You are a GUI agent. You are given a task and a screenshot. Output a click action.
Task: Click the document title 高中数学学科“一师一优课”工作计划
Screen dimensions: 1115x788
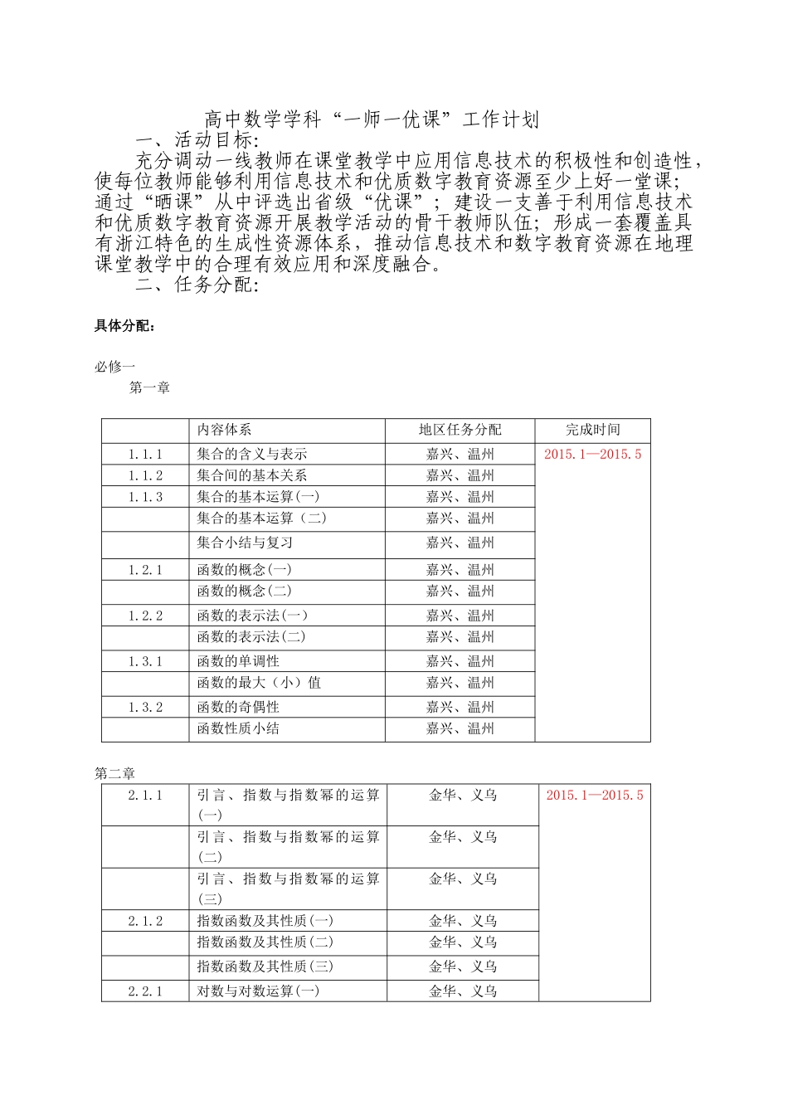(x=372, y=120)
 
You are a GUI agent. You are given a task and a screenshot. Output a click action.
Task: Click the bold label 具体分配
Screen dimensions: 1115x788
(x=124, y=326)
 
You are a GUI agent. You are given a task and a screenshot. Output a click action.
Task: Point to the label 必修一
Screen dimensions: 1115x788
(x=114, y=366)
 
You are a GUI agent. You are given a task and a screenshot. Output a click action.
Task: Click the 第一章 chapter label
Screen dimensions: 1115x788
(x=149, y=387)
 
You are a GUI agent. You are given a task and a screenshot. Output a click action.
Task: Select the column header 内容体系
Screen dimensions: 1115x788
(x=224, y=430)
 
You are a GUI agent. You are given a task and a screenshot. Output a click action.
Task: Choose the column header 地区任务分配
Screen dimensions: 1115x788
(x=460, y=430)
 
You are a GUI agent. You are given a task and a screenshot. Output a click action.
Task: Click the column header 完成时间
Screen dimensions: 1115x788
(x=592, y=430)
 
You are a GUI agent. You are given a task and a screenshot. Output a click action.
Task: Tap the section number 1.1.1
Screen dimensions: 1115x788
(x=145, y=454)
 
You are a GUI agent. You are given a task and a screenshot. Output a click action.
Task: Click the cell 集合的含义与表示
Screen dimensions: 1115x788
(x=252, y=454)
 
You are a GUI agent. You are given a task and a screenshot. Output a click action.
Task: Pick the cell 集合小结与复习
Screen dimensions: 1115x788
(x=245, y=543)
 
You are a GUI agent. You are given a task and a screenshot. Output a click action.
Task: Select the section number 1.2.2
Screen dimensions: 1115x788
(x=145, y=616)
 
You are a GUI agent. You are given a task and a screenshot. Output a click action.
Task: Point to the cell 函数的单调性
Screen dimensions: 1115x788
(x=238, y=661)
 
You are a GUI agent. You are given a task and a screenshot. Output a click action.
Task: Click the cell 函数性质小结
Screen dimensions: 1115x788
(x=238, y=728)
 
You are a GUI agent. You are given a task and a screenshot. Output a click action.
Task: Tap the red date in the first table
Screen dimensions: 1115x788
(x=592, y=454)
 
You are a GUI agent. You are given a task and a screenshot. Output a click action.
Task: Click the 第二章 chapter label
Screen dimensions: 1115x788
(x=114, y=773)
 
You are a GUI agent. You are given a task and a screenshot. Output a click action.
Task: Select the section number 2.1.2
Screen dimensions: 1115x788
(x=145, y=921)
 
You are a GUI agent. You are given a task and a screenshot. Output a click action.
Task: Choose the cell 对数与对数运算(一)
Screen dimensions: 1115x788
(x=258, y=991)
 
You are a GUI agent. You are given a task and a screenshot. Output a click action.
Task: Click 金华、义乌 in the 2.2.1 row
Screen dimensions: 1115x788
(x=463, y=991)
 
